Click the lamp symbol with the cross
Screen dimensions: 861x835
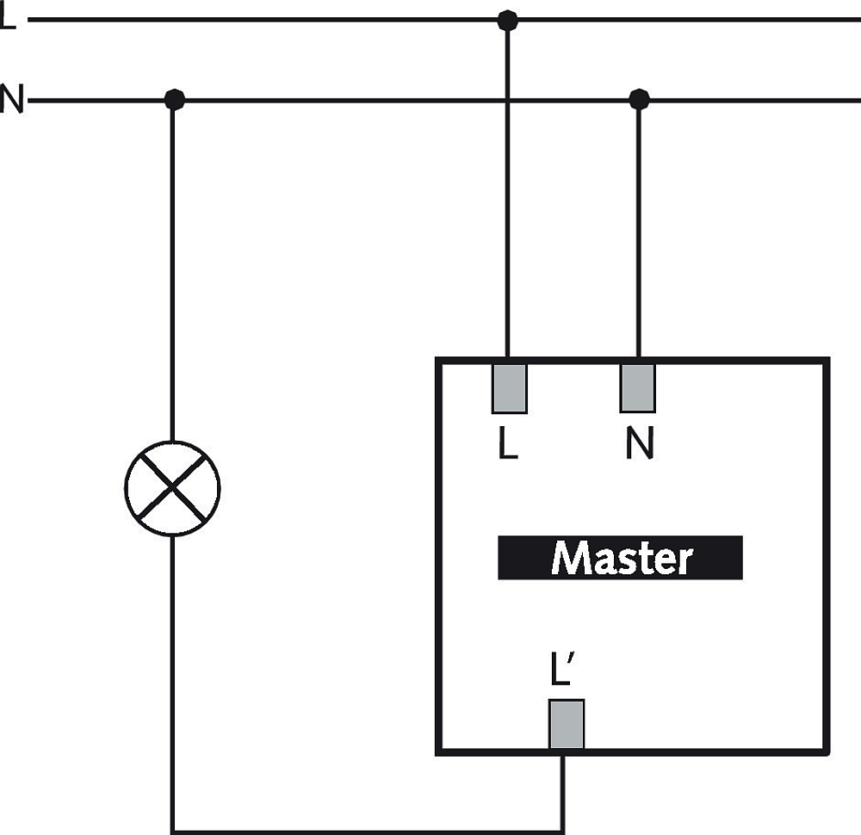[172, 488]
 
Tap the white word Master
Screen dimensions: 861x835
[621, 559]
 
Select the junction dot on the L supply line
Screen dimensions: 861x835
[507, 21]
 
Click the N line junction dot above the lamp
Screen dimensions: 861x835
[174, 100]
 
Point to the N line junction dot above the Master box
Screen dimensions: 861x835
[639, 100]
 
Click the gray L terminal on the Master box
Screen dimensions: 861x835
[509, 388]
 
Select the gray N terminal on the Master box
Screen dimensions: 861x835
[637, 388]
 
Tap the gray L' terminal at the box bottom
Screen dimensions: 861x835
[567, 724]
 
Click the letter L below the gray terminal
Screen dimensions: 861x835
[507, 443]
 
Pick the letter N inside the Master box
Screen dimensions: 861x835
[639, 443]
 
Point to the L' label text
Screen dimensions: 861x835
[561, 669]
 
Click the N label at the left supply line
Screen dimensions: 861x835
[12, 99]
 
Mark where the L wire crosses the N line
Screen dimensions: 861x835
[507, 101]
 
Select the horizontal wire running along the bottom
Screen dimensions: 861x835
[367, 832]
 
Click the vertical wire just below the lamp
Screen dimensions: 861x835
[172, 683]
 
